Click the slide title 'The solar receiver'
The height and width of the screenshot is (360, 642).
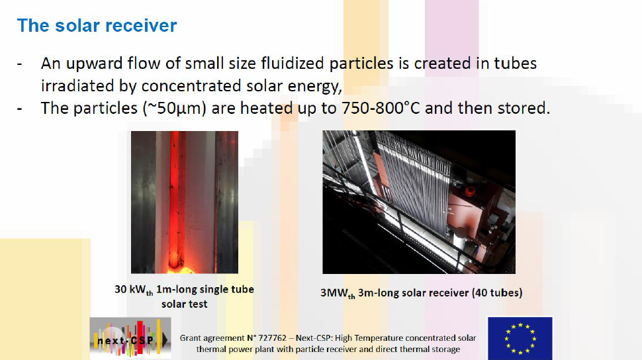(x=97, y=25)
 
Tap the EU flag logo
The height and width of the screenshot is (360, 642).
(x=520, y=338)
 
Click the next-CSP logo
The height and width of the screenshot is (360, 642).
(x=130, y=338)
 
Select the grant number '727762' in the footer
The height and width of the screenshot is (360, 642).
(x=272, y=338)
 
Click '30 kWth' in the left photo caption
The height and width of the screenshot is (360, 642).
(x=134, y=290)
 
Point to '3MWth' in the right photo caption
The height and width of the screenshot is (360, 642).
(x=338, y=294)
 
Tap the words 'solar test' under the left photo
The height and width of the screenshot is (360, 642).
(x=184, y=304)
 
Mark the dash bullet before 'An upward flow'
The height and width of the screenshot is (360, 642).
(x=20, y=64)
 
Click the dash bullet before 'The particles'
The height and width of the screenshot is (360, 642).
(x=20, y=109)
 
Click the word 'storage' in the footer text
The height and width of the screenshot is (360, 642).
(x=446, y=349)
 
